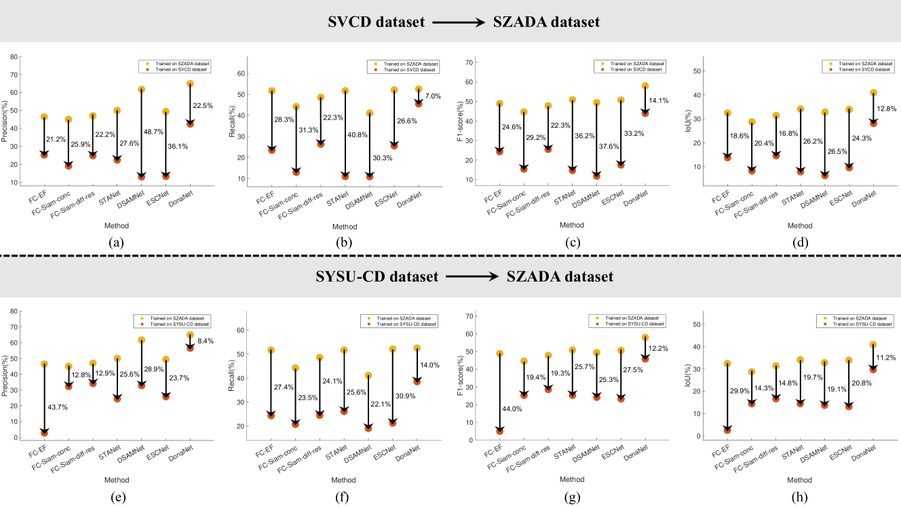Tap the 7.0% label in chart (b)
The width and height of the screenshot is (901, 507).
[x=433, y=96]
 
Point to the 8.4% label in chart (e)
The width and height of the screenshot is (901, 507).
[x=206, y=341]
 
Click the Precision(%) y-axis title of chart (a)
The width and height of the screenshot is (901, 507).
[x=7, y=120]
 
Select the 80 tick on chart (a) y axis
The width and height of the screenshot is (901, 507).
[x=13, y=56]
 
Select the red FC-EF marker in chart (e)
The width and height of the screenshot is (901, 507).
[x=44, y=432]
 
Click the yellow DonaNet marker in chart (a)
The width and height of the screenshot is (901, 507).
[x=190, y=84]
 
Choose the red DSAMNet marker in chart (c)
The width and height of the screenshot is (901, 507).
[x=596, y=176]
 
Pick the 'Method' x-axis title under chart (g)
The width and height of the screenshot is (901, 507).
[x=571, y=480]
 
